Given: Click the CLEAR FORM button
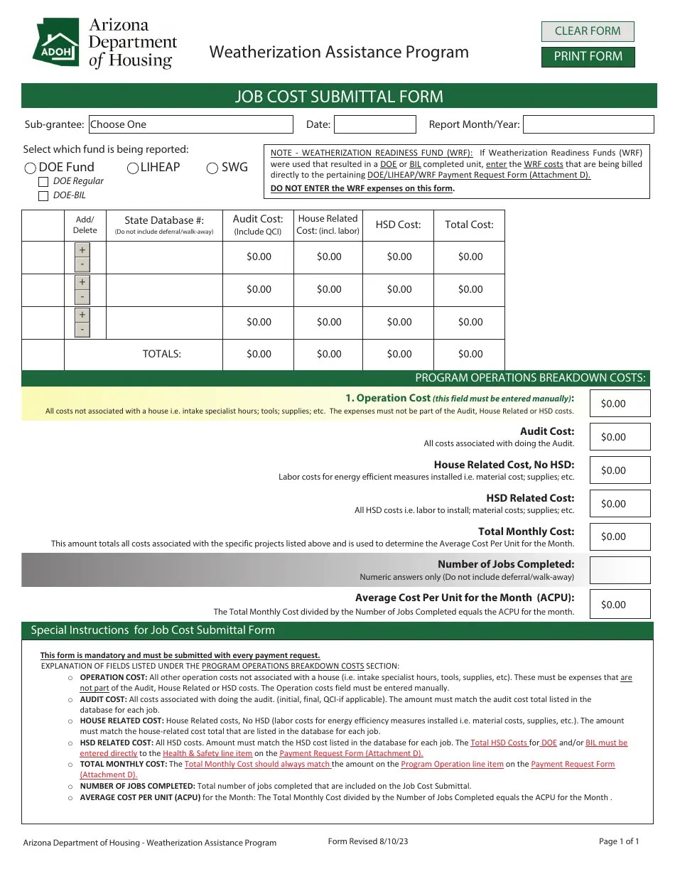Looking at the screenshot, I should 587,31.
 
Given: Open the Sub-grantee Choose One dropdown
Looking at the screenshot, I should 190,124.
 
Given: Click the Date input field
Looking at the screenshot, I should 374,124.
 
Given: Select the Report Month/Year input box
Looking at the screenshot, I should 588,124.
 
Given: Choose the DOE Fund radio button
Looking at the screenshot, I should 31,168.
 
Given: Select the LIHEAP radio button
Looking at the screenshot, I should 133,168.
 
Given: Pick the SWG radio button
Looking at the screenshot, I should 212,168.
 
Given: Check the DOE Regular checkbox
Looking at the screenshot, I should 43,182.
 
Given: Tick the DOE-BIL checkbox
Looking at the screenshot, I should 43,195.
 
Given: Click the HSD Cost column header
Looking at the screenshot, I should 398,225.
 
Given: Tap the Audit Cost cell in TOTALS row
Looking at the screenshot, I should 259,354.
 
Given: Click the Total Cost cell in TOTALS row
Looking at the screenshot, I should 470,354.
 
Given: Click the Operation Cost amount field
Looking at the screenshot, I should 620,404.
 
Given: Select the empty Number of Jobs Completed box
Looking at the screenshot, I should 620,570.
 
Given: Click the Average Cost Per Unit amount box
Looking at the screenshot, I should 620,604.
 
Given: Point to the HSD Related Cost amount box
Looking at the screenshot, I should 620,504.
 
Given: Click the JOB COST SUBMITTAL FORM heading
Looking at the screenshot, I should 339,97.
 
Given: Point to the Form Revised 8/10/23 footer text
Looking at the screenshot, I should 368,841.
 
